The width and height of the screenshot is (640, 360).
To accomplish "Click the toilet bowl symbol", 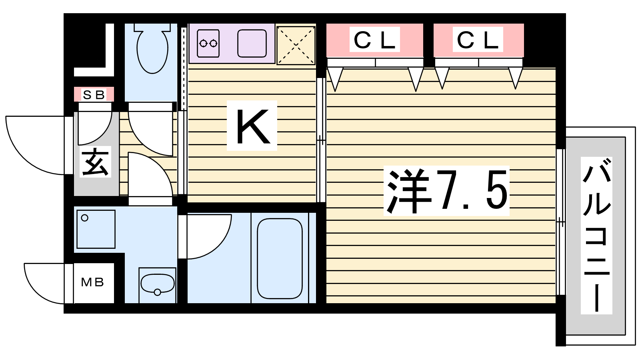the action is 152,52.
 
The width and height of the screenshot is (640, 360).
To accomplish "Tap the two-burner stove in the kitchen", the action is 208,43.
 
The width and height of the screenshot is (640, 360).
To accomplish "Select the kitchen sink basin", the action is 252,44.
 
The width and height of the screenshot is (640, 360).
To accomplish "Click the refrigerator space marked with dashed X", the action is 296,45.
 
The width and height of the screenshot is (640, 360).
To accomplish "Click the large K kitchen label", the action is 252,126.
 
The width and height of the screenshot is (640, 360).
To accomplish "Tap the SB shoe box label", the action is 94,94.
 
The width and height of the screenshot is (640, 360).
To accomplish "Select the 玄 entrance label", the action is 95,162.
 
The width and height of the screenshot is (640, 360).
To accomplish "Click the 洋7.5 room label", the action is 446,191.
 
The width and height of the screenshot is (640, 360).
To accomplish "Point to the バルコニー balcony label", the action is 596,236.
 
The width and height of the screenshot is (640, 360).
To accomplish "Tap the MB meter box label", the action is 92,282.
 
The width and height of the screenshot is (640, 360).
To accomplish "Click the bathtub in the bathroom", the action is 280,258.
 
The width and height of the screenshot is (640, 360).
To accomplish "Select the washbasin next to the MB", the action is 158,284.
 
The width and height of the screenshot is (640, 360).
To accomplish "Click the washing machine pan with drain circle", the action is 96,229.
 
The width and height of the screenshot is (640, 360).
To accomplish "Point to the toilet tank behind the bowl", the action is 152,28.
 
